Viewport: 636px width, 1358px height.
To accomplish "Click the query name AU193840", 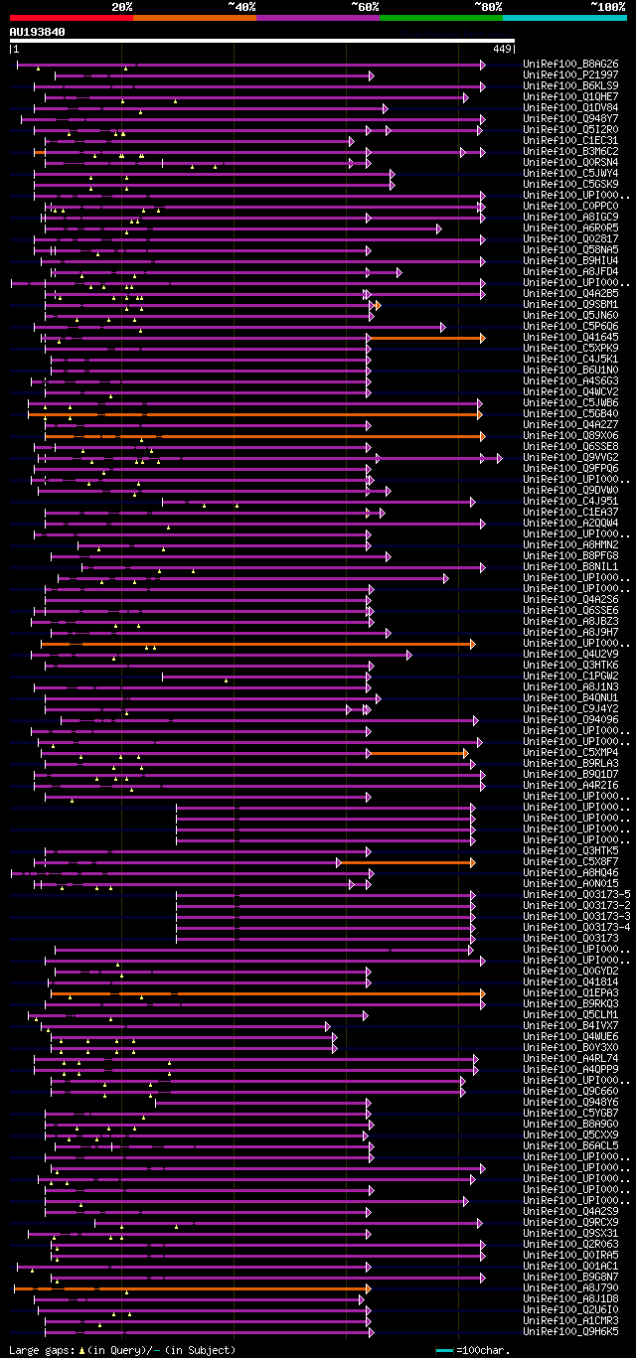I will [37, 32].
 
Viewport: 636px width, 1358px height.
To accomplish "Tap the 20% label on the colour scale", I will [122, 7].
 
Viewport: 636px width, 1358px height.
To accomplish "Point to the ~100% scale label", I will [607, 7].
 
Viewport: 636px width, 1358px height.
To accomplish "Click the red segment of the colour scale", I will [71, 18].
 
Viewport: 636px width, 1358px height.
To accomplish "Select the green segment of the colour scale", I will [440, 18].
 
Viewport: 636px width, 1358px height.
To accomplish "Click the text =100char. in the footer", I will [485, 1350].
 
